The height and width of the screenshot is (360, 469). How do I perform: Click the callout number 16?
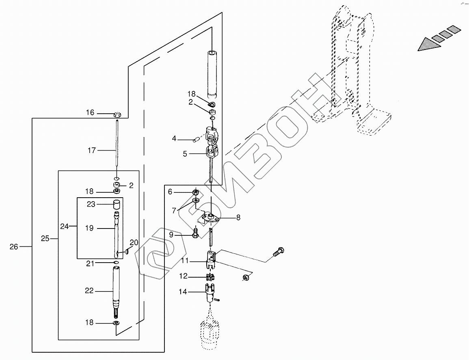(x=90, y=113)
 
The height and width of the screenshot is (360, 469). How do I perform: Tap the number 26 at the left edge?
(x=14, y=246)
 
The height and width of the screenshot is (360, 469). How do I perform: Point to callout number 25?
(x=45, y=239)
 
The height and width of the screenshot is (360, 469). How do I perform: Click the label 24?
(x=64, y=226)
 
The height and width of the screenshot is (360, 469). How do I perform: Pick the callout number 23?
(x=91, y=205)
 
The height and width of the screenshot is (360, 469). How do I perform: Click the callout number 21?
(x=90, y=264)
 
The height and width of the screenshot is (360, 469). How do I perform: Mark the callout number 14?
(x=183, y=291)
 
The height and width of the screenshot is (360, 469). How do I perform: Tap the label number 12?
(x=184, y=276)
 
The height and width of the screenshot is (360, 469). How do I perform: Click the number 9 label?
(x=171, y=235)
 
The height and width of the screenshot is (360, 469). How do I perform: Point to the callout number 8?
(x=238, y=218)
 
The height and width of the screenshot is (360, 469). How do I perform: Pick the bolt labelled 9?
(x=196, y=233)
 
